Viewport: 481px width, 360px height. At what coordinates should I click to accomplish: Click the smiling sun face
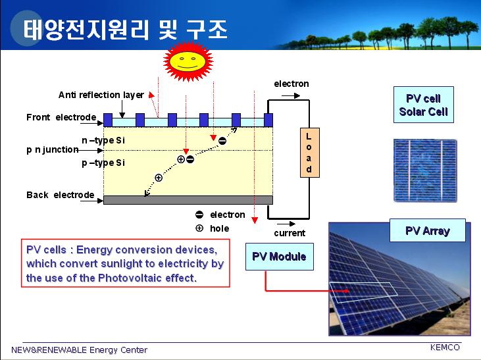click(x=188, y=61)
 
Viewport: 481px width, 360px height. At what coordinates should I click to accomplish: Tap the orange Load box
click(x=309, y=153)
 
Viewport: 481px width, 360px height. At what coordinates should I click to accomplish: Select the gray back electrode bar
click(x=188, y=200)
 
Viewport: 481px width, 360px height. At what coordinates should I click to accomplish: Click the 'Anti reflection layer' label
click(x=101, y=95)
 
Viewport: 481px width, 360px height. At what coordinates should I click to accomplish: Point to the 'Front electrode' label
click(x=61, y=117)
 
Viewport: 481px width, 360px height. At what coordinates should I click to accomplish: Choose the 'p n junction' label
click(x=53, y=150)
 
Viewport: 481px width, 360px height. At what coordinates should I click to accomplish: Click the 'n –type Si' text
click(x=103, y=140)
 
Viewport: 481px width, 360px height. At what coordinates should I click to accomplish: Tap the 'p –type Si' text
click(x=103, y=163)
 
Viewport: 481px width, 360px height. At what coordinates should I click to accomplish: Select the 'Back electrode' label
click(x=61, y=195)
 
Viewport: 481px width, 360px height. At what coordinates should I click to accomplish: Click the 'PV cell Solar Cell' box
click(x=424, y=105)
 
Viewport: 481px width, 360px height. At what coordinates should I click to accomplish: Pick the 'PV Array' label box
click(x=428, y=230)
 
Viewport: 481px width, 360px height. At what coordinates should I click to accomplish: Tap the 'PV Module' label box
click(x=280, y=257)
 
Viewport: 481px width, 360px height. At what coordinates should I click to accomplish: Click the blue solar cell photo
click(x=425, y=170)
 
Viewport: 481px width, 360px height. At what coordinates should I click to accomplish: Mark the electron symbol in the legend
click(x=199, y=215)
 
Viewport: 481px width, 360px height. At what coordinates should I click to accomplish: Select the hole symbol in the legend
click(x=199, y=228)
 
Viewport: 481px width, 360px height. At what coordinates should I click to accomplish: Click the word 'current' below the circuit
click(x=290, y=233)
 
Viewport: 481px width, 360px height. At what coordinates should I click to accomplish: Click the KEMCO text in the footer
click(x=445, y=347)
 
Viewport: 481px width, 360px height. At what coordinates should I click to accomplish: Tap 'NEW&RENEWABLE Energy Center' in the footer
click(x=80, y=350)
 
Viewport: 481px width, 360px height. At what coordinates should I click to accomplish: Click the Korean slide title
click(x=126, y=30)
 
